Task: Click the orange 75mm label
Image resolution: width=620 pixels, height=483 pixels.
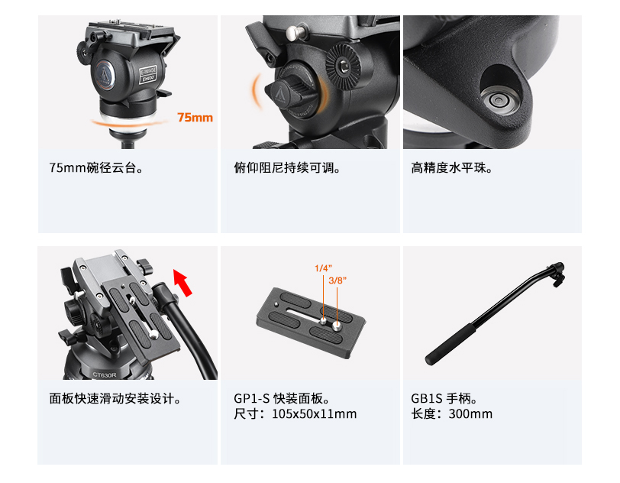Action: pos(195,118)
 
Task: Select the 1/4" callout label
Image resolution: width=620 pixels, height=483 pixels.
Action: pos(323,268)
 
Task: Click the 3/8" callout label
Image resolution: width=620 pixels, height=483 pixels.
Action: pos(337,280)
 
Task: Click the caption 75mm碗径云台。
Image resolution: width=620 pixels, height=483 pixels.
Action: pos(96,167)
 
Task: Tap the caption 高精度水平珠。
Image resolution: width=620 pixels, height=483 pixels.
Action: pos(451,167)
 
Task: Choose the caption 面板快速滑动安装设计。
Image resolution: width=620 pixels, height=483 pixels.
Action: pos(115,398)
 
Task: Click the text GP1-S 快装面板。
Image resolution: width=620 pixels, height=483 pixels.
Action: pos(282,398)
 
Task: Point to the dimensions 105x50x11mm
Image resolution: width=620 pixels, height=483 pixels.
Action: pos(314,414)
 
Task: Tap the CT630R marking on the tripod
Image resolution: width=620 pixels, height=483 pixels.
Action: pos(104,374)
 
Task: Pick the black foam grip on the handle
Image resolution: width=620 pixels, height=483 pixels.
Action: pos(452,344)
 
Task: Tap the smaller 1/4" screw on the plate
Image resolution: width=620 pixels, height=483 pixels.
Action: pos(323,320)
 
